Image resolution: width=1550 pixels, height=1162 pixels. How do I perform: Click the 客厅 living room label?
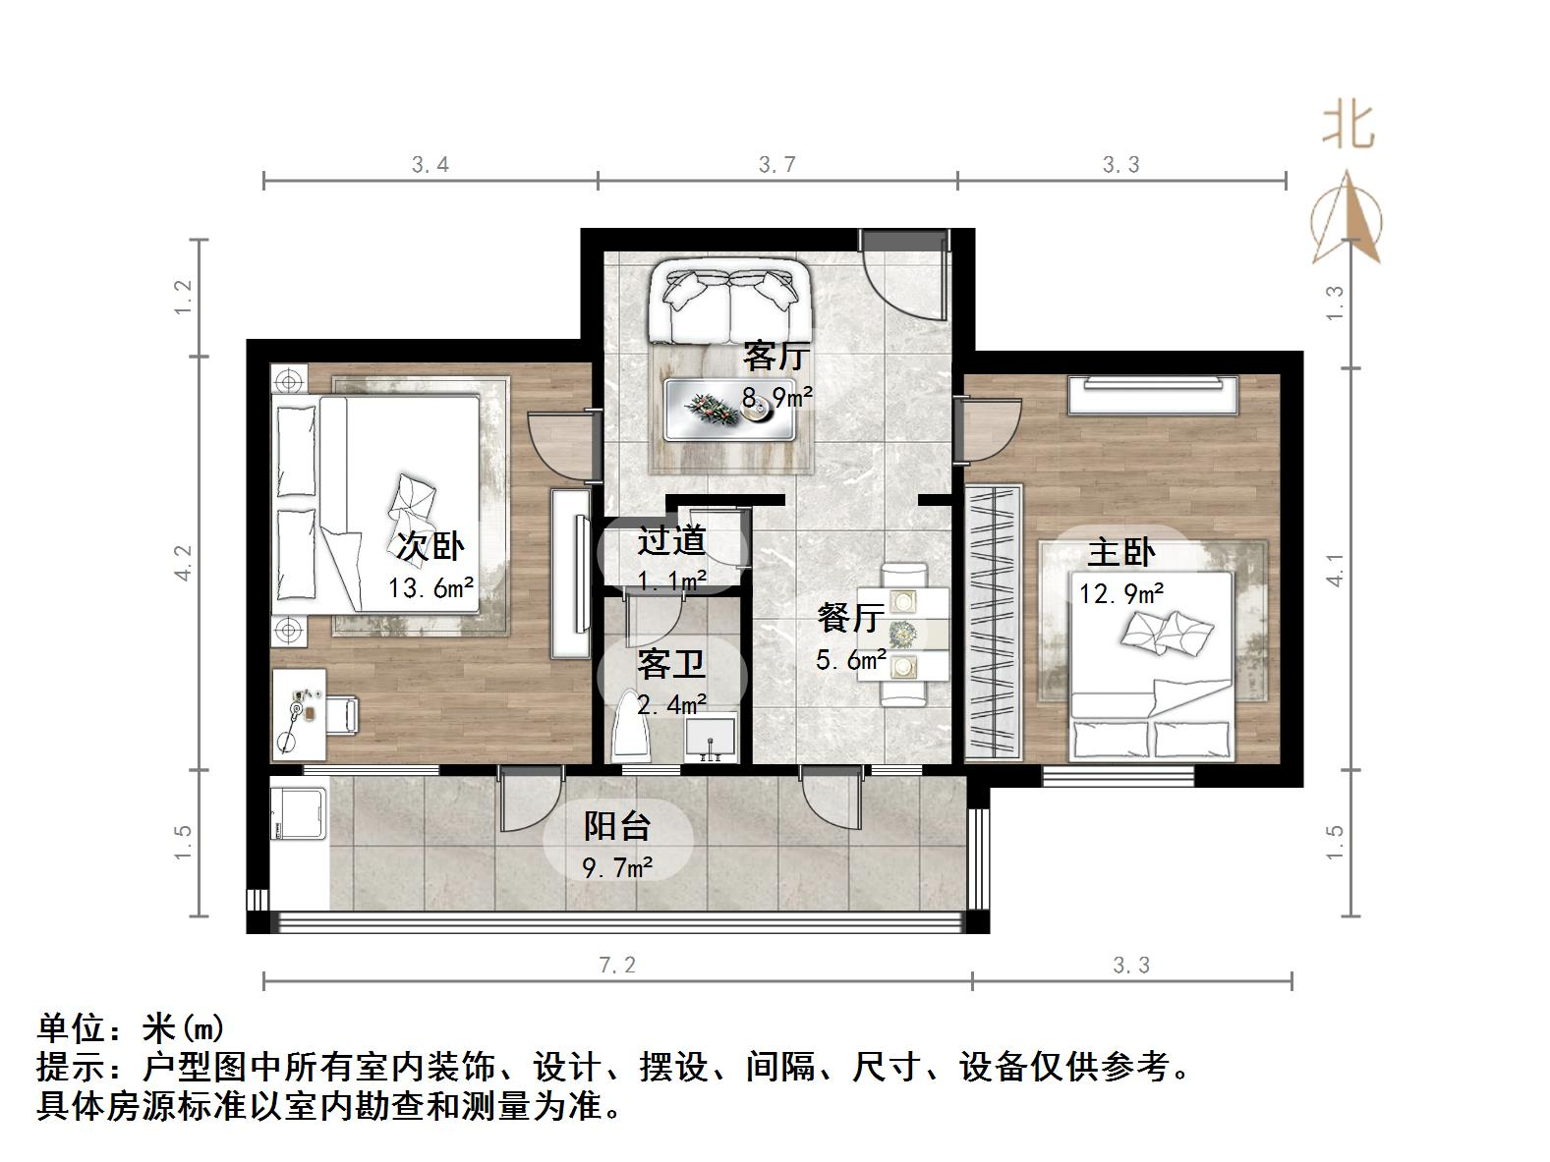[x=775, y=356]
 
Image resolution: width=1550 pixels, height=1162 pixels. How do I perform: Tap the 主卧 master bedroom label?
[x=1120, y=552]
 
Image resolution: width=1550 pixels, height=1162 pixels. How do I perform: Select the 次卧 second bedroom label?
[x=430, y=546]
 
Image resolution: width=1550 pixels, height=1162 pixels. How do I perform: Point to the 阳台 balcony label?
[x=617, y=826]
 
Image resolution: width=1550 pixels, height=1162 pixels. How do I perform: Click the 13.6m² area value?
[x=431, y=588]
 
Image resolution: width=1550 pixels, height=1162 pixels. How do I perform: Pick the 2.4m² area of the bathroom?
[x=672, y=704]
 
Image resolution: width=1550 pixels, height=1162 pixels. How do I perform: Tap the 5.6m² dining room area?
[x=851, y=659]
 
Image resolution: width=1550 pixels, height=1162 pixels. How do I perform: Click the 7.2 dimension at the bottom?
[x=617, y=966]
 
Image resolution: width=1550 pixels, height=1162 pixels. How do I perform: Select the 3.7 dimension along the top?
[x=776, y=164]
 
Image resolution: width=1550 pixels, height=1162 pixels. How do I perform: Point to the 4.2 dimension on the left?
[x=184, y=563]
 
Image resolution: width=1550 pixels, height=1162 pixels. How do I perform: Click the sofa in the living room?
[x=729, y=301]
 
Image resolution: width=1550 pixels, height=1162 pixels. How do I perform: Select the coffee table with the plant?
[x=729, y=410]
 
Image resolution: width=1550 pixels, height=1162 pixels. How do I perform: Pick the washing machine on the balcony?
[x=299, y=810]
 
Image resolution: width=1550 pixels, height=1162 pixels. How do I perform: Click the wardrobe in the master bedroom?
[x=993, y=623]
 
